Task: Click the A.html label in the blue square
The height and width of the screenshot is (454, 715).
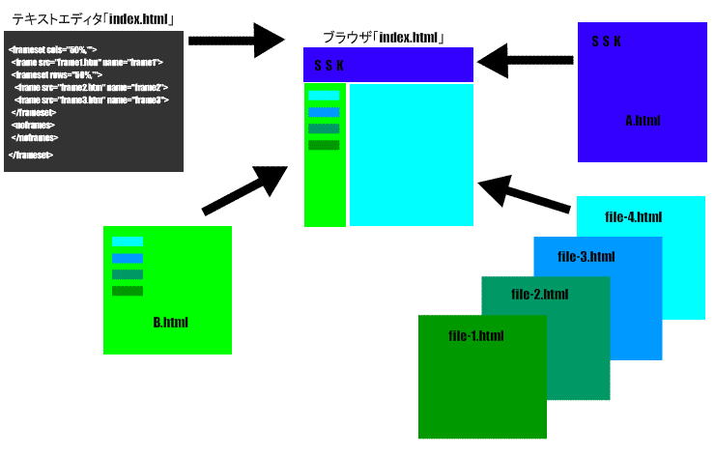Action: coord(642,121)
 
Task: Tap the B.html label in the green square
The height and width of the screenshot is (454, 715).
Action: coord(170,322)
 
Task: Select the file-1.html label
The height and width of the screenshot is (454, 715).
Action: coord(476,336)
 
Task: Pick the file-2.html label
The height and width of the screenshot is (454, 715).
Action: coord(539,295)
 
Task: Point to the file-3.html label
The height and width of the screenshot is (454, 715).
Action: coord(586,257)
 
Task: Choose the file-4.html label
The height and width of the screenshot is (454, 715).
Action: coord(633,216)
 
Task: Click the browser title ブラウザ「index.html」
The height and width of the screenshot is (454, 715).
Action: coord(384,38)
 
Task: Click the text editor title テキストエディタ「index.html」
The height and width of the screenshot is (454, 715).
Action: coord(92,18)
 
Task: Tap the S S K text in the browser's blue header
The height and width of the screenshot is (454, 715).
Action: coord(329,66)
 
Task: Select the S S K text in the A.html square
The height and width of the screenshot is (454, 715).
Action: coord(606,42)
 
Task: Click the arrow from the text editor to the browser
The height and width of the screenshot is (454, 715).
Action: coord(237,40)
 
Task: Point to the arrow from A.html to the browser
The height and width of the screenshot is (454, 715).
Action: coord(527,62)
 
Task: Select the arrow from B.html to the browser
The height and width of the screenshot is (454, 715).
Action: coord(246,189)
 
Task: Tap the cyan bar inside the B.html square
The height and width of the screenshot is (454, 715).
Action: coord(127,241)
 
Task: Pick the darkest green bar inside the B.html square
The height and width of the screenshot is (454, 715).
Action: coord(127,291)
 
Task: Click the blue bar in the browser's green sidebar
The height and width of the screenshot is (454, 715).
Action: coord(324,112)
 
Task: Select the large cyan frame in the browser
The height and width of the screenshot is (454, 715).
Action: coord(411,155)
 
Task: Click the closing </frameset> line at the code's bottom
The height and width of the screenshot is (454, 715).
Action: coord(31,155)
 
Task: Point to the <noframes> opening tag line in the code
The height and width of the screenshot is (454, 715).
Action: coord(33,125)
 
